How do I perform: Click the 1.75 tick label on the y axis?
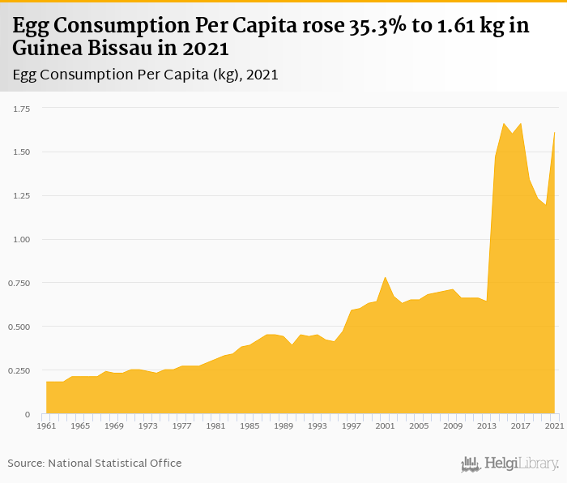[x=19, y=108]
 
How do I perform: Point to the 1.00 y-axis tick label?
[x=19, y=239]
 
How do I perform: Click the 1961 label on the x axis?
[x=46, y=425]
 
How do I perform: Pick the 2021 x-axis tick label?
[x=554, y=425]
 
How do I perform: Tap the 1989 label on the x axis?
[x=283, y=425]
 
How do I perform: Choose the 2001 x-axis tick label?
[x=385, y=425]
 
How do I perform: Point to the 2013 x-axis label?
[x=486, y=425]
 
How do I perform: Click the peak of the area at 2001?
[x=386, y=277]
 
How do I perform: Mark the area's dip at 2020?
[x=546, y=205]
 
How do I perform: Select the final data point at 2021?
[x=554, y=132]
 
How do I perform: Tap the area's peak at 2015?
[x=504, y=123]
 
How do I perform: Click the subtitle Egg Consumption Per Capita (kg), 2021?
[x=146, y=75]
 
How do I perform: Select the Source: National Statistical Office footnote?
[x=95, y=463]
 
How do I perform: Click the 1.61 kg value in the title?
[x=473, y=26]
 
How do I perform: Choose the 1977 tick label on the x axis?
[x=182, y=425]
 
